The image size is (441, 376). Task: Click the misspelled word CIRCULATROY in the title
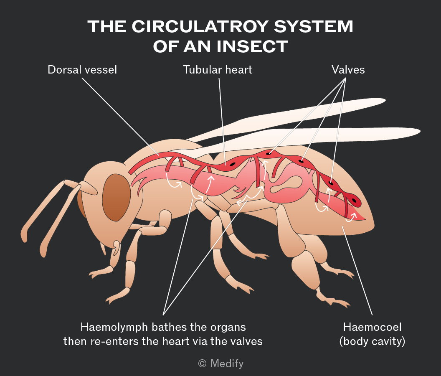(x=200, y=26)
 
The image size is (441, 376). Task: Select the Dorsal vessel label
(x=82, y=70)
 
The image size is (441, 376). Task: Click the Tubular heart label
(x=218, y=70)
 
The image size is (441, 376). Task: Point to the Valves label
(x=348, y=70)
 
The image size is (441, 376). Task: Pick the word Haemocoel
(x=372, y=327)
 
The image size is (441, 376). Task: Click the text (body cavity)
(x=372, y=341)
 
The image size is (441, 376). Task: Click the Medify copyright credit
(x=221, y=363)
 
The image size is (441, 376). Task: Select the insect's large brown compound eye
(x=117, y=197)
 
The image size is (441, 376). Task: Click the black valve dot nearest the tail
(x=354, y=201)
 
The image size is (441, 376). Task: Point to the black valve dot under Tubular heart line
(x=233, y=164)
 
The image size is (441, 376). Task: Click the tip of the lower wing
(x=420, y=132)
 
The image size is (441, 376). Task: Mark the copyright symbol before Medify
(x=202, y=363)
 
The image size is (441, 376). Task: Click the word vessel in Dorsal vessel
(x=101, y=70)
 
